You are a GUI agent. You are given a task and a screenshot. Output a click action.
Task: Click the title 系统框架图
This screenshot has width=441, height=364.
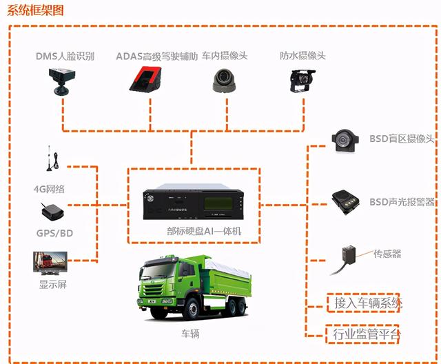click(35, 10)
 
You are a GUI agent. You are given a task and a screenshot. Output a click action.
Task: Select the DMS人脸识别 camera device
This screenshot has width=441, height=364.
click(61, 81)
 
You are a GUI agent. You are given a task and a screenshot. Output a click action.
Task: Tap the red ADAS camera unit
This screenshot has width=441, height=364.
click(145, 79)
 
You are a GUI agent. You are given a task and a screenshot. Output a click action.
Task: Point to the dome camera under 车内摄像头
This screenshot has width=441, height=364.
click(224, 81)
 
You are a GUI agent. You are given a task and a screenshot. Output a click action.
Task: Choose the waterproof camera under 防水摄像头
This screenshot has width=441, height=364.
click(302, 81)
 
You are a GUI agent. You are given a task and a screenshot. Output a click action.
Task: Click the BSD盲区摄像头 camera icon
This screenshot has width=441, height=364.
click(345, 141)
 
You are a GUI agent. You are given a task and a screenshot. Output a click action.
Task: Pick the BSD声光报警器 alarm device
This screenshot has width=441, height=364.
click(346, 202)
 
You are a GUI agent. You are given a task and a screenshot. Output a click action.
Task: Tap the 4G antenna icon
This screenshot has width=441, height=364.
click(52, 159)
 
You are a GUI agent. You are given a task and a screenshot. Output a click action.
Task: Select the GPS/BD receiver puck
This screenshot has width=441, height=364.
click(52, 212)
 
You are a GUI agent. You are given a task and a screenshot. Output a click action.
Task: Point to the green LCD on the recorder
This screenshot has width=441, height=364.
click(218, 203)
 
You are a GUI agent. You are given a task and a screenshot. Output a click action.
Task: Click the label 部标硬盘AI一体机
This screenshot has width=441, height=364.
click(204, 231)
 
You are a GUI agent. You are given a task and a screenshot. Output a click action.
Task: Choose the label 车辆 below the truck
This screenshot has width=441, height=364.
click(190, 334)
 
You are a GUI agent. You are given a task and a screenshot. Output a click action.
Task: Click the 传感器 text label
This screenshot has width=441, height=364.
click(387, 254)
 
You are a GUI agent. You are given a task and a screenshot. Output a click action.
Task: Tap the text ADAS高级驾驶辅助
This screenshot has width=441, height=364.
click(157, 57)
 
